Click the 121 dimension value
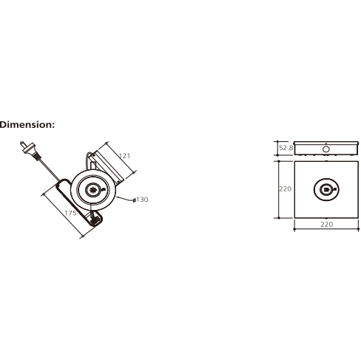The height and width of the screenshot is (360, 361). click(124, 156)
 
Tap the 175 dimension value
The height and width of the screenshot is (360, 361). click(70, 213)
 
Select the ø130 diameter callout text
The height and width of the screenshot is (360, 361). click(141, 200)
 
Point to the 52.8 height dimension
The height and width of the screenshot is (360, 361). click(286, 148)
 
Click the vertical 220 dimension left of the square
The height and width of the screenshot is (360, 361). click(286, 189)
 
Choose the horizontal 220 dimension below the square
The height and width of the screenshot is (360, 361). click(327, 224)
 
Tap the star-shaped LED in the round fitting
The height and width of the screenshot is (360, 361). click(93, 190)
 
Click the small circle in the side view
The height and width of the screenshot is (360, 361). click(326, 149)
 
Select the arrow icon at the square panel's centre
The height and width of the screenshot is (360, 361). click(326, 189)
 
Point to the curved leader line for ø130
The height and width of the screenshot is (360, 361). click(124, 199)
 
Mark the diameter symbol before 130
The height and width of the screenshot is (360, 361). click(134, 200)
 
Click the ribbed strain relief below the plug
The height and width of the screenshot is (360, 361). click(38, 157)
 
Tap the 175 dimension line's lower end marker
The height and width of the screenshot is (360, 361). click(82, 237)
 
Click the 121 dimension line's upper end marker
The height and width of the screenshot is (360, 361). click(107, 143)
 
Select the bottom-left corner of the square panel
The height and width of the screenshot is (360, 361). click(294, 218)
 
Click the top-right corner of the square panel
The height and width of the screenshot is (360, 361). click(358, 161)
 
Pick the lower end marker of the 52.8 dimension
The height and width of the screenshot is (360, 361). click(277, 155)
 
